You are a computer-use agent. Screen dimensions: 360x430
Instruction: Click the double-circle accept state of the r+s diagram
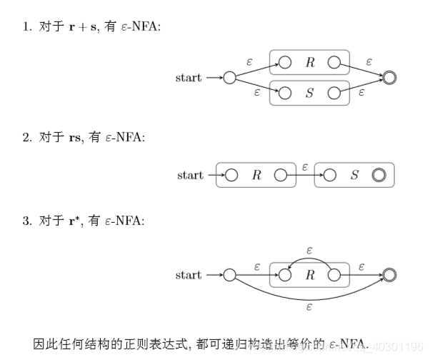click(x=389, y=77)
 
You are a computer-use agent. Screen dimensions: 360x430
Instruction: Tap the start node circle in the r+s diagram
click(x=229, y=77)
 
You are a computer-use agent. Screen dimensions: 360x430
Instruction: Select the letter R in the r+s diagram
click(x=310, y=62)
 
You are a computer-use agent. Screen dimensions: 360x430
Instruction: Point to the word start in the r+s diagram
click(x=189, y=77)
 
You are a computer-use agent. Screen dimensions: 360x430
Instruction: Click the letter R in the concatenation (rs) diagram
click(x=256, y=175)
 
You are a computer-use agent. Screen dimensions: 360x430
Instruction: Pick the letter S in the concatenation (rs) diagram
click(x=354, y=175)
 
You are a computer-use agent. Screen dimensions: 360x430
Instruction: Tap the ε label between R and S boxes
click(x=305, y=166)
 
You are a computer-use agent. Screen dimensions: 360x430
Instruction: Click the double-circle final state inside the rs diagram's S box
click(x=379, y=175)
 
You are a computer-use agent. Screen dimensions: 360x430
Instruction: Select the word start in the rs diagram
click(x=190, y=175)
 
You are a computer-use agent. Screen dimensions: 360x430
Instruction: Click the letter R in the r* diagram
click(x=310, y=274)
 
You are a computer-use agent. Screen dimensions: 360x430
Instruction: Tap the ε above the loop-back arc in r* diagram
click(x=310, y=250)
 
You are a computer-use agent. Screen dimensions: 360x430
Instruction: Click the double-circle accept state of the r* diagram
click(x=389, y=274)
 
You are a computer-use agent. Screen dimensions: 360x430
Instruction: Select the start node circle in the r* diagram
click(x=229, y=274)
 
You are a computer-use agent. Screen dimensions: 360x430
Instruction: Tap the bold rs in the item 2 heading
click(x=74, y=136)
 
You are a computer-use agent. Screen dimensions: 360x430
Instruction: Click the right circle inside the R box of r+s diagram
click(x=334, y=62)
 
